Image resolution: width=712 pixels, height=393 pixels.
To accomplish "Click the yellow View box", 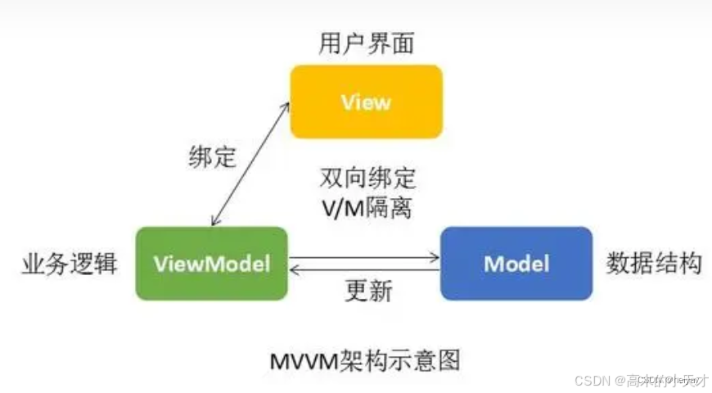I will coord(366,102).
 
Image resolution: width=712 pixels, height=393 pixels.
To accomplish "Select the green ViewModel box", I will coord(211,264).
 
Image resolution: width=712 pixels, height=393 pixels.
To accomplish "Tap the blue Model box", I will coord(516,264).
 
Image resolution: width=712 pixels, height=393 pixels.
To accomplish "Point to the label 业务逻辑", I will coord(70,264).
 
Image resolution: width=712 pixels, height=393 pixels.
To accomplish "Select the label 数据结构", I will coord(654,264).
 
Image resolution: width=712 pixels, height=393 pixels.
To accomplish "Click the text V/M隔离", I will coord(367,207).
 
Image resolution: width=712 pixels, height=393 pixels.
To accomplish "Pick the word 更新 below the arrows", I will coord(368,291).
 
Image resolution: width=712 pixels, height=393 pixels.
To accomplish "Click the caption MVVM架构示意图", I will coord(365,359).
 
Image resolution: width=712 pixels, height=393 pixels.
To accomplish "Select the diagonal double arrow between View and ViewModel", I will coord(250,163).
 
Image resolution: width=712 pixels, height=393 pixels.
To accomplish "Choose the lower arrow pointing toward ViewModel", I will coord(364,269).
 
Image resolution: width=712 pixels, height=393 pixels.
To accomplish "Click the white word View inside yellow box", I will coord(366,102).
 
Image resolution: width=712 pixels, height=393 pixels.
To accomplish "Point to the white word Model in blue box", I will coord(516,264).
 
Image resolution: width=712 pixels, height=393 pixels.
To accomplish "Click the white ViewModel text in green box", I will coord(211,264).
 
